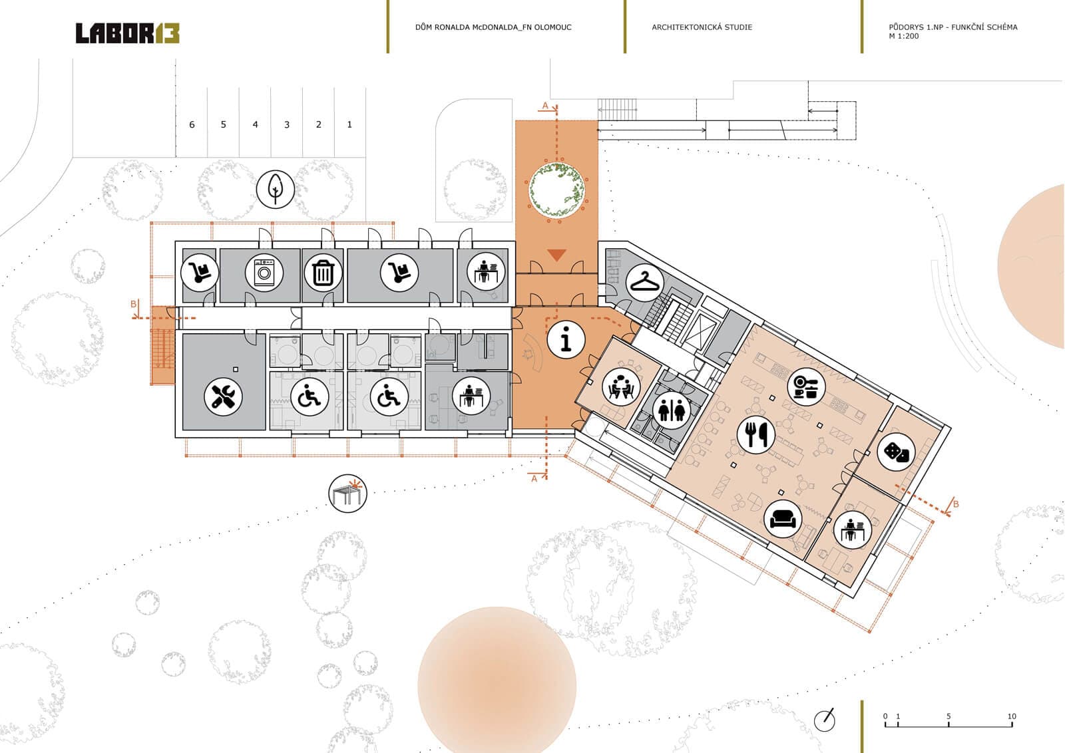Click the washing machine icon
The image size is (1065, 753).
pos(264,273)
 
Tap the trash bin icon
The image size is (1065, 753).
pos(323,273)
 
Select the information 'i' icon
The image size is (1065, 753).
pos(566,339)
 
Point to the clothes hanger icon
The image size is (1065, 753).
pos(644,283)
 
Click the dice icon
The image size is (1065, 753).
pos(896,452)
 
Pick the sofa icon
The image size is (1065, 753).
pos(783,519)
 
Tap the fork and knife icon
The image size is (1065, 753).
pos(756,434)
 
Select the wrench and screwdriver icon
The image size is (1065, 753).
pos(223,396)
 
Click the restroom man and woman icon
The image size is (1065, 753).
pos(671,410)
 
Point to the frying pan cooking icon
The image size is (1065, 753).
pos(806,386)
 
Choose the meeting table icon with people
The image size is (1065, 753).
pos(621,386)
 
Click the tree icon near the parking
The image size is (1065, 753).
pos(276,189)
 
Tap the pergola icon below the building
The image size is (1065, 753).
pos(347,494)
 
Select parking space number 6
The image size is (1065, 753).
pos(192,124)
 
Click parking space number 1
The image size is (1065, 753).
pos(349,124)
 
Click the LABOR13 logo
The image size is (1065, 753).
pos(127,33)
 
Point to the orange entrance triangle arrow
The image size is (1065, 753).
pos(556,255)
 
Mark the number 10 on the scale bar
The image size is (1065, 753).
pos(1012,716)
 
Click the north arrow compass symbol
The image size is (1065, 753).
pos(825,720)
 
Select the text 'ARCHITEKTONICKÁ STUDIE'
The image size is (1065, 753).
pos(702,27)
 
